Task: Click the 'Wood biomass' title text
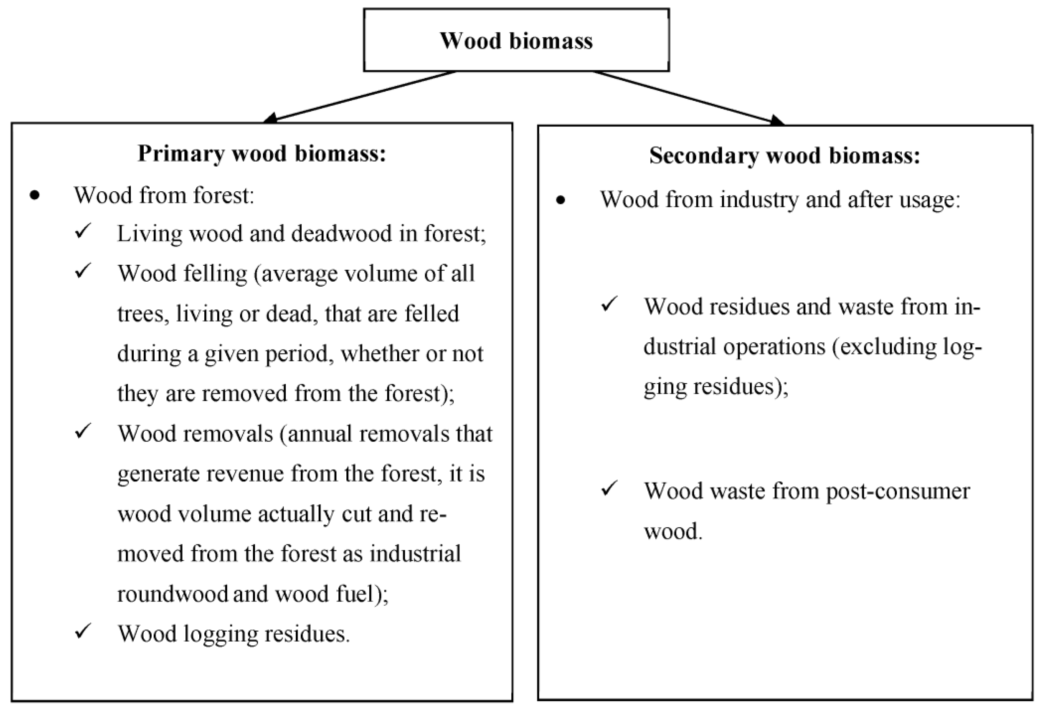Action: tap(516, 40)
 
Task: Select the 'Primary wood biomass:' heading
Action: tap(262, 153)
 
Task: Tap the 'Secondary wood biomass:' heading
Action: tap(784, 156)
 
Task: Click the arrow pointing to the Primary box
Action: tap(359, 96)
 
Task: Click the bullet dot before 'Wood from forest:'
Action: tap(34, 196)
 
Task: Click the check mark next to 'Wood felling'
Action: tap(83, 270)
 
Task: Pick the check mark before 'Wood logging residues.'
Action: tap(83, 631)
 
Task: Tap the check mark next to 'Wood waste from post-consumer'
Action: tap(610, 489)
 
